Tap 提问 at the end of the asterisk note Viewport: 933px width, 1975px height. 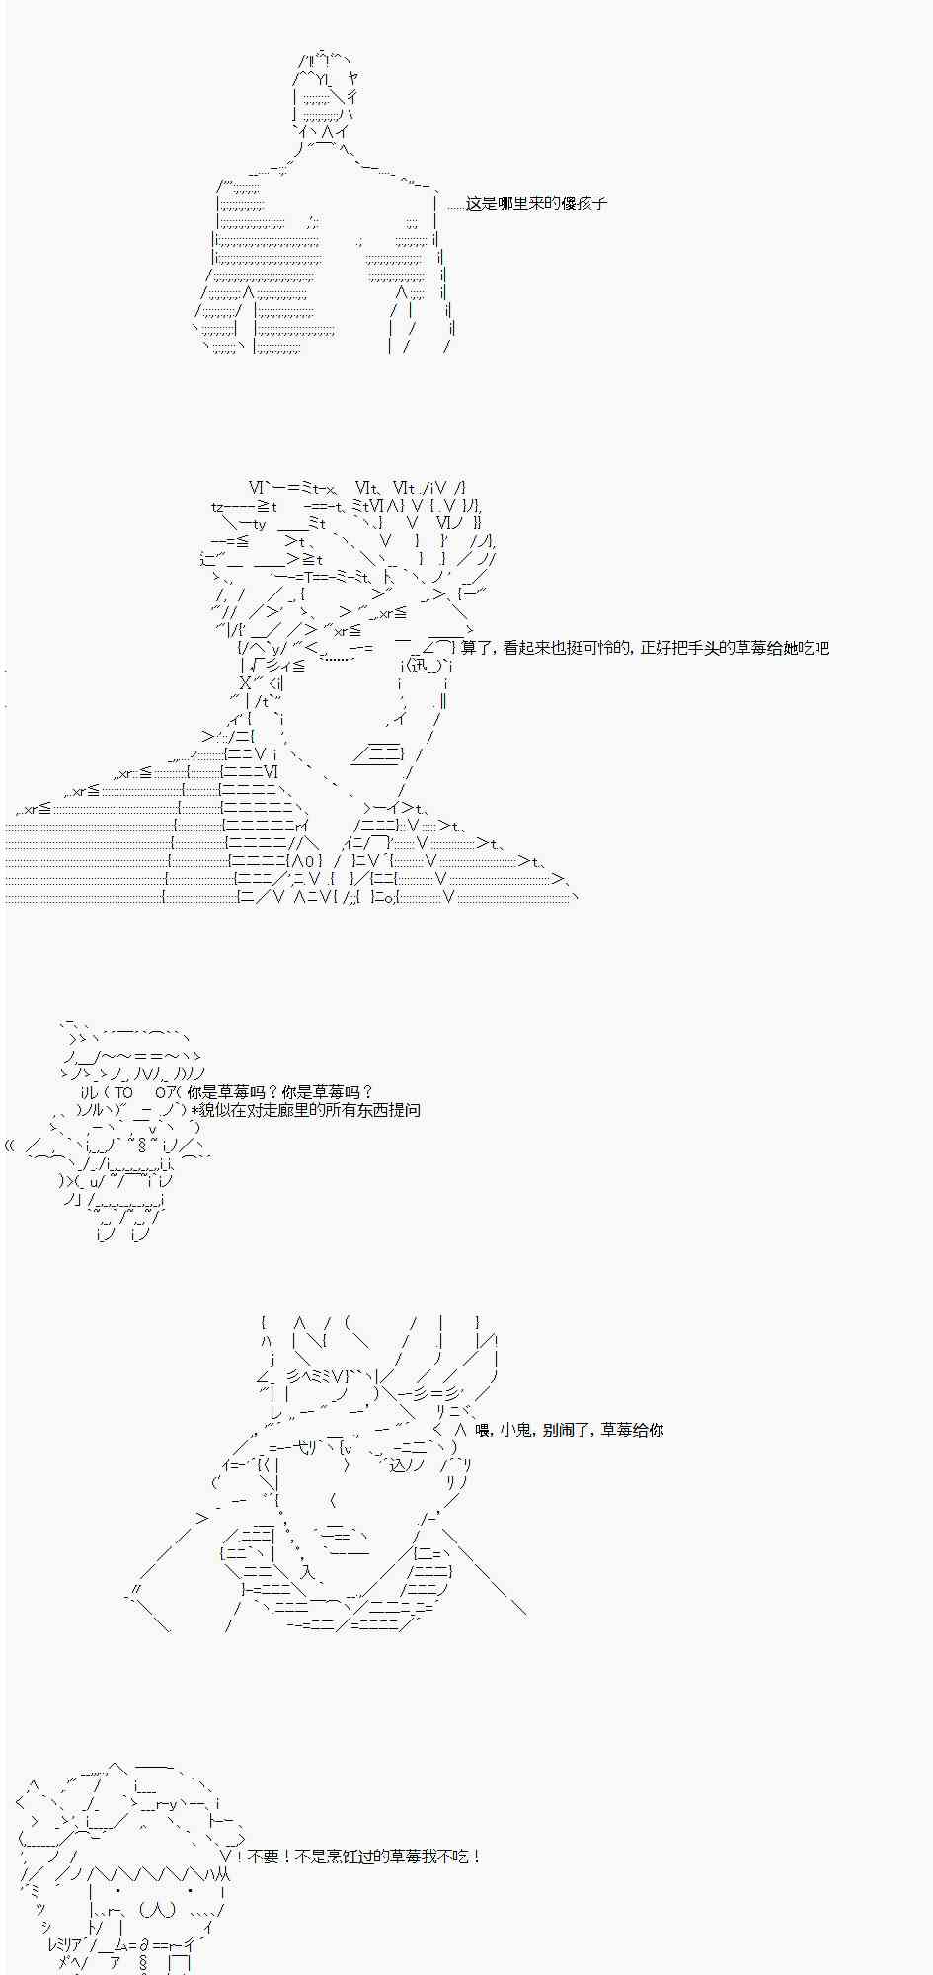(x=405, y=1110)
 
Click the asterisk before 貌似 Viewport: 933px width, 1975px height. (x=195, y=1110)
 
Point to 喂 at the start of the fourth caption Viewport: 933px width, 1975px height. (x=483, y=1430)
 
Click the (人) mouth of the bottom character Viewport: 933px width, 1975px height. (x=157, y=1910)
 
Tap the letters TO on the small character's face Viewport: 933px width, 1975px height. (x=122, y=1092)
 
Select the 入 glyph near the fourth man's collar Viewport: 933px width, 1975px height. (x=307, y=1571)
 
